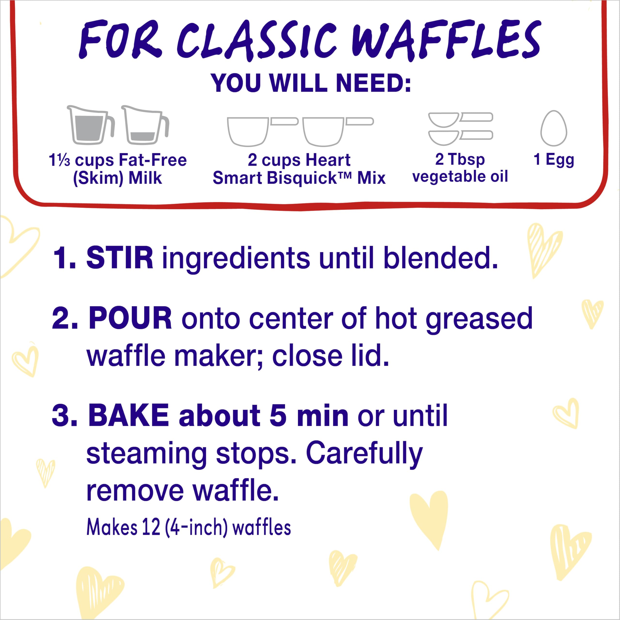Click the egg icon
coord(554,128)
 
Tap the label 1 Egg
coord(554,160)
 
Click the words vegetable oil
coord(460,177)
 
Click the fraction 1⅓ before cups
coord(59,160)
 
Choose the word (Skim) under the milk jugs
coord(98,178)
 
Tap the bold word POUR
coord(130,318)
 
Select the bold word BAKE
coord(128,415)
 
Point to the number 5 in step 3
coord(278,415)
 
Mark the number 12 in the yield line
coord(151,527)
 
